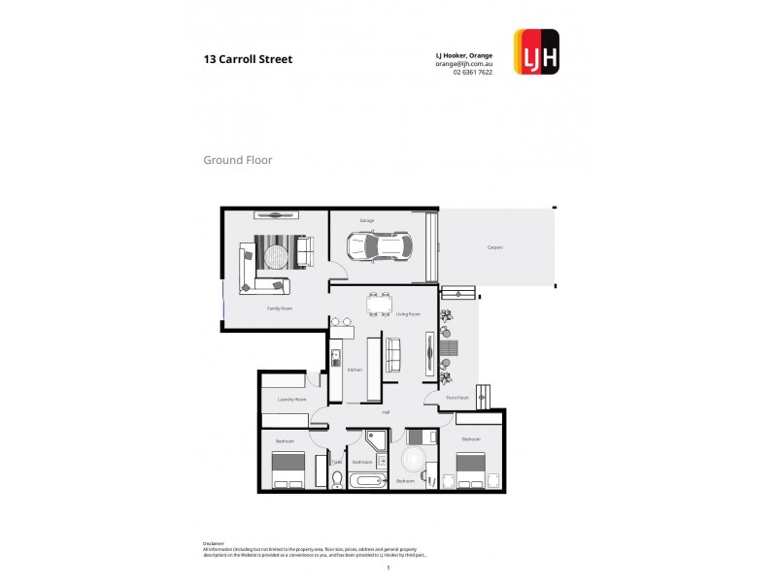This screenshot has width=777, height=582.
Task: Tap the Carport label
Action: tap(494, 247)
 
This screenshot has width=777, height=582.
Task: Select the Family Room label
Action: tap(280, 307)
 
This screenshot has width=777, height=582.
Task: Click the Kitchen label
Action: tap(355, 370)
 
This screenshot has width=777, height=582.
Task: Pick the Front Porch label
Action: tap(456, 398)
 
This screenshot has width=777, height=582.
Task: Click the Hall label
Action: tap(385, 412)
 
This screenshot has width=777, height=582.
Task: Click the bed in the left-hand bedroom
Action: tap(288, 471)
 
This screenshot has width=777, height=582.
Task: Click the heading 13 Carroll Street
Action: tap(248, 58)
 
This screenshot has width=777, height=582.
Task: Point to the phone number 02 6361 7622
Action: tap(473, 73)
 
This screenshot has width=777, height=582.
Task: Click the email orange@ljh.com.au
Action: tap(464, 64)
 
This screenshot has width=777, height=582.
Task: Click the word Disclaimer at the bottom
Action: tap(214, 543)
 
